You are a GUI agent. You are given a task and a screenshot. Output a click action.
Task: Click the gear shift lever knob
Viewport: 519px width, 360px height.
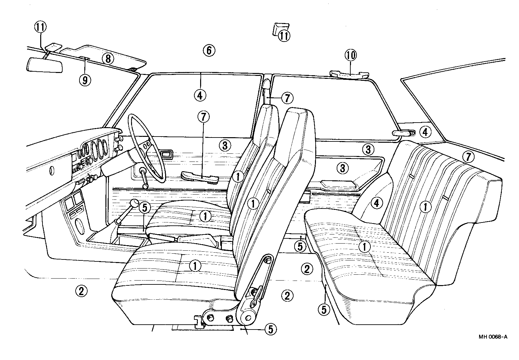(x=134, y=204)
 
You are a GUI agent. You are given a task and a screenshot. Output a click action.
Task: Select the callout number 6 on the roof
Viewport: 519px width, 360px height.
(x=209, y=50)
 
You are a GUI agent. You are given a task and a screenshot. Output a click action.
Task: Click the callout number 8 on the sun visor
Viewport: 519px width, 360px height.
(x=108, y=59)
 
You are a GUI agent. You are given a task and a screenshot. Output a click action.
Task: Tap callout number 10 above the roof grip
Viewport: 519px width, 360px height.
(x=351, y=55)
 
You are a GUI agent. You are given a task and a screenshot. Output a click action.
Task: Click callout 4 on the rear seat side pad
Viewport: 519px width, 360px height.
(x=376, y=203)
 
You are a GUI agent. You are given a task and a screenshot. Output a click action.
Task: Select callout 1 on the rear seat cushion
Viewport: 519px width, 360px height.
(x=365, y=247)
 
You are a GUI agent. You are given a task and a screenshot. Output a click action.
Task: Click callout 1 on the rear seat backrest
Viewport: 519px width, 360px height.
(x=424, y=207)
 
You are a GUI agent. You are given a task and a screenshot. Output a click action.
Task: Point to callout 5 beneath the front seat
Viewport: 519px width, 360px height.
(x=270, y=329)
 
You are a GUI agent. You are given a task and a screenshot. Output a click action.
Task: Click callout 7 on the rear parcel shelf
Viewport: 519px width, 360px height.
(x=468, y=157)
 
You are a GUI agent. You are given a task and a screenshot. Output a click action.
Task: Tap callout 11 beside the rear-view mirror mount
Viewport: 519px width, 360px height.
(x=41, y=28)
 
